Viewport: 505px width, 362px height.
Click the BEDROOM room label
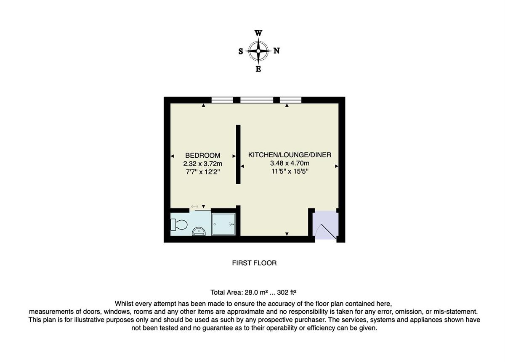click(x=202, y=156)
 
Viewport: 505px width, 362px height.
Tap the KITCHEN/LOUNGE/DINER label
click(x=290, y=155)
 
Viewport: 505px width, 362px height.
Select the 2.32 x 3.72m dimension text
click(x=202, y=164)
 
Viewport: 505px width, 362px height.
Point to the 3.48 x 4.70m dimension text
click(x=290, y=163)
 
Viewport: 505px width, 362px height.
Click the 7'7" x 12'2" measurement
click(x=202, y=172)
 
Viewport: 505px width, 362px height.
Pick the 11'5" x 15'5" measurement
click(x=290, y=171)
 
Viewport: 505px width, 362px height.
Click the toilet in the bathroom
click(x=178, y=225)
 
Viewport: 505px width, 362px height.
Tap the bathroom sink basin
click(x=198, y=231)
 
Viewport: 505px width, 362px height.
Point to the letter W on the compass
click(x=258, y=33)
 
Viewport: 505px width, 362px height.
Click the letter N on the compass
click(x=276, y=51)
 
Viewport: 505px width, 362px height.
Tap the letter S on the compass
click(x=241, y=51)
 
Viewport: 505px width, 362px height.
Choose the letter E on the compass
click(x=258, y=69)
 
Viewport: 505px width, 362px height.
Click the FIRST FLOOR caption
click(x=254, y=263)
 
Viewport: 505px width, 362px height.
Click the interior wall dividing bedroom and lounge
click(x=238, y=154)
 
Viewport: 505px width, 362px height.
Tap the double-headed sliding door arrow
click(x=194, y=206)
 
